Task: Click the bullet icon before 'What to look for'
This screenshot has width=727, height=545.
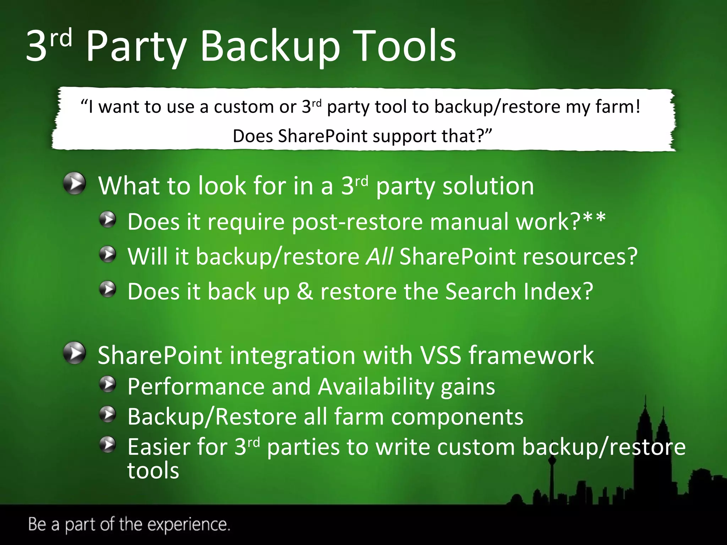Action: click(x=75, y=184)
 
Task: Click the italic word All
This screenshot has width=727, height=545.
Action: click(x=379, y=256)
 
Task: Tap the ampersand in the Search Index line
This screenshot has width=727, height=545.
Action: click(x=305, y=291)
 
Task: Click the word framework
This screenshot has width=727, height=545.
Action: click(x=531, y=355)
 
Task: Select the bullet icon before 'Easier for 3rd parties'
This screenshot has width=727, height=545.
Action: click(x=108, y=445)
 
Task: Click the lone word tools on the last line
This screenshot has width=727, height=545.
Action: click(x=153, y=470)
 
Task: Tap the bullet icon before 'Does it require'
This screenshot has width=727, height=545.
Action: click(x=108, y=220)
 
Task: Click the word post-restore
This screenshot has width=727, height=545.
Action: click(x=357, y=221)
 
